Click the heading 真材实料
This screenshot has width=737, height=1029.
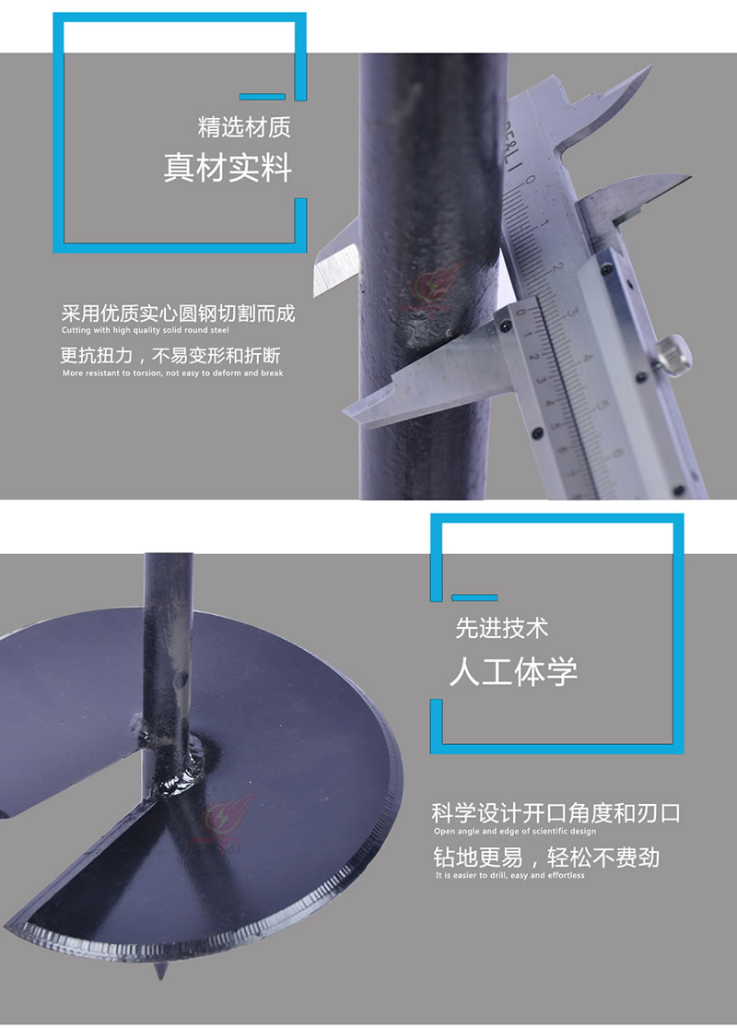pyautogui.click(x=228, y=167)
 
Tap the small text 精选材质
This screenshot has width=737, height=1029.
pyautogui.click(x=244, y=127)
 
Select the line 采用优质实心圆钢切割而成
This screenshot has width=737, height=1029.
pyautogui.click(x=178, y=313)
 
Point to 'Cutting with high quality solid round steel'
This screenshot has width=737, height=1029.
pyautogui.click(x=146, y=330)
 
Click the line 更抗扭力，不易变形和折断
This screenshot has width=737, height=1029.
pyautogui.click(x=170, y=356)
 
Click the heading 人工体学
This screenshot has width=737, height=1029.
pyautogui.click(x=513, y=672)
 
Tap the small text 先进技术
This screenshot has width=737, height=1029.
pyautogui.click(x=501, y=629)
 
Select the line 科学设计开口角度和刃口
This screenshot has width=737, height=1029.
pyautogui.click(x=556, y=814)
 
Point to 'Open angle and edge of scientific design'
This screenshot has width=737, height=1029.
pyautogui.click(x=515, y=832)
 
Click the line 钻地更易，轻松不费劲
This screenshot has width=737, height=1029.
pyautogui.click(x=546, y=857)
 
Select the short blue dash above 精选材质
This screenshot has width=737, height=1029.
pyautogui.click(x=263, y=97)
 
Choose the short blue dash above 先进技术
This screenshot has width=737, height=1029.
pyautogui.click(x=474, y=597)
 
